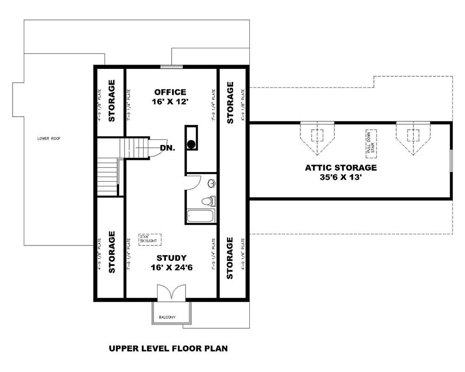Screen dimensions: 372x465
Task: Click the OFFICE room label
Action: coord(170,92)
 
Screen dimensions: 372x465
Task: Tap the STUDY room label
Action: coord(171,258)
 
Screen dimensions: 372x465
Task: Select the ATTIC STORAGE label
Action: coord(341,167)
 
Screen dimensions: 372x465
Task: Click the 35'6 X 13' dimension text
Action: coord(341,177)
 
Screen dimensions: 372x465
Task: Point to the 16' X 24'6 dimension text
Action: coord(171,268)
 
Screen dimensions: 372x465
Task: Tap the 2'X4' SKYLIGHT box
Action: coord(149,239)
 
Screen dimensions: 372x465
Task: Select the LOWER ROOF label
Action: coord(49,139)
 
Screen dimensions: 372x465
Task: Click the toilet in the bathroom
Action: coord(209,201)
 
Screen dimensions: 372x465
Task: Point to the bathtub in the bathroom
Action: coord(200,216)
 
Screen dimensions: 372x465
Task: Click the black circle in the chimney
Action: coord(191,144)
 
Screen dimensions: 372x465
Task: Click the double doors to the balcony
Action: coord(172,292)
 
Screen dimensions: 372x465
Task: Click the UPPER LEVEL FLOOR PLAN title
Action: coord(168,348)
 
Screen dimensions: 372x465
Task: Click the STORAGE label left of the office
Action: coord(112,101)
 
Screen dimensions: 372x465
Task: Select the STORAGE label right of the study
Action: coord(230,258)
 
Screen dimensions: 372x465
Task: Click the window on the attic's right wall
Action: coord(451,160)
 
